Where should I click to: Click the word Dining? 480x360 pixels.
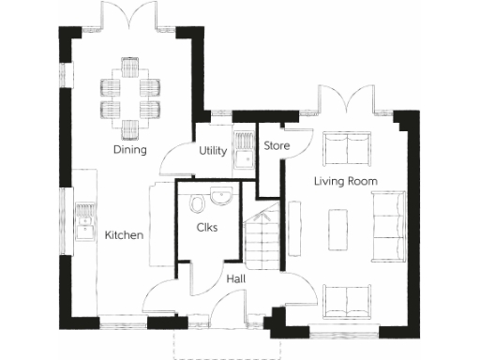click(x=129, y=150)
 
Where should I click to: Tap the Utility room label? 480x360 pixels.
click(x=212, y=150)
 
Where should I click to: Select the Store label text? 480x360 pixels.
click(x=277, y=146)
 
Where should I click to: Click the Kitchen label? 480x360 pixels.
click(x=124, y=235)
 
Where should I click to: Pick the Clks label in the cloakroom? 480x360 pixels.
click(x=208, y=228)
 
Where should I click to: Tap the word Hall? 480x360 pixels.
click(x=237, y=278)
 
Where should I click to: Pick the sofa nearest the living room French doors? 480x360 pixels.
click(x=347, y=148)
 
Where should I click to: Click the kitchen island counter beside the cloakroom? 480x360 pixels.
click(x=158, y=225)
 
